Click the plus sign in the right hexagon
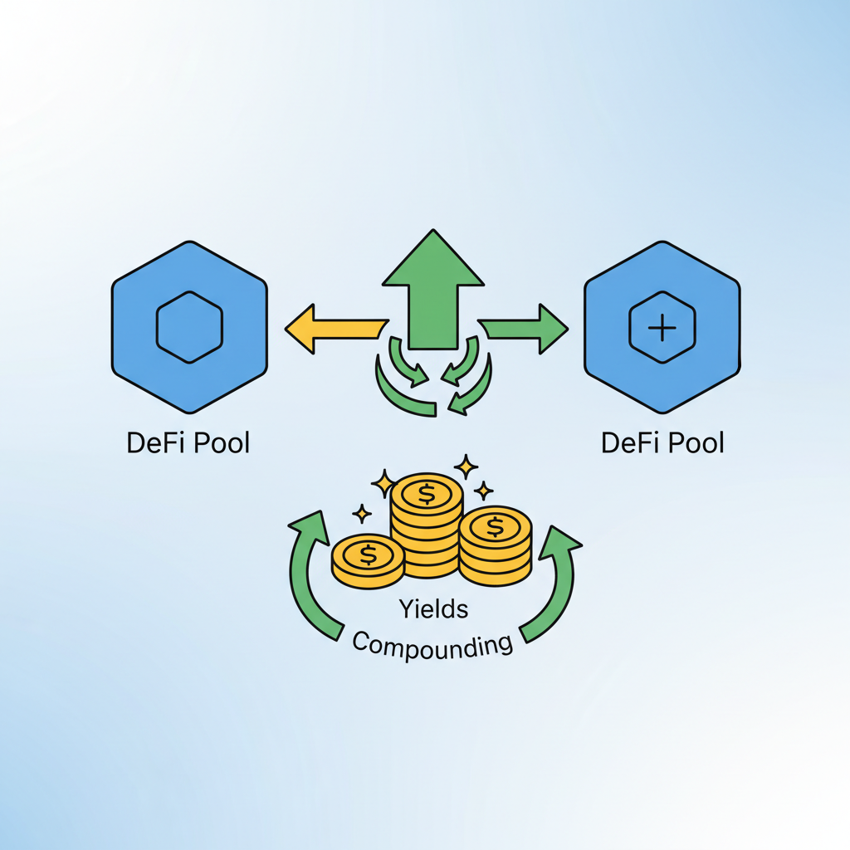662,328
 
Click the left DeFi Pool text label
188,442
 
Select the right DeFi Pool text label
662,442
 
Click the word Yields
432,609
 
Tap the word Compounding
432,643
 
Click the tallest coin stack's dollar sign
427,495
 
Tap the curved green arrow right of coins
554,581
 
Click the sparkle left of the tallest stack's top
383,481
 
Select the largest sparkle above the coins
466,467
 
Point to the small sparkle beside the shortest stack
362,514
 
